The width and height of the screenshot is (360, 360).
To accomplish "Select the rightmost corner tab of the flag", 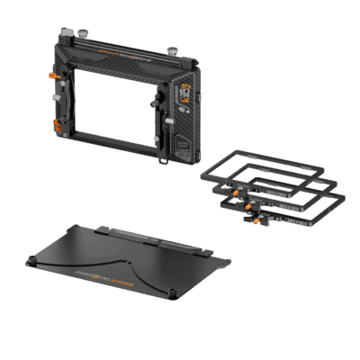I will [x=227, y=263].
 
